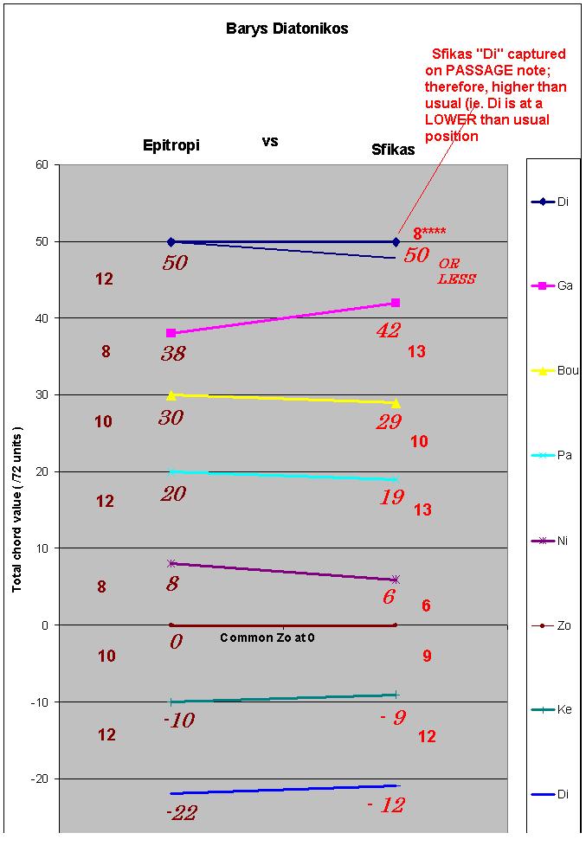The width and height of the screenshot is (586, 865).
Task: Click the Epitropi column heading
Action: pos(171,145)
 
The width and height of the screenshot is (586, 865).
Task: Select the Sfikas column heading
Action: pos(388,150)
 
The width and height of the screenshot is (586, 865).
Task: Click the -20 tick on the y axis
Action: pos(39,778)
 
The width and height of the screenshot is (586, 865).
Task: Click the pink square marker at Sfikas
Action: pos(396,303)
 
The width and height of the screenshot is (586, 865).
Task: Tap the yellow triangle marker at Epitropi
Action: pos(171,394)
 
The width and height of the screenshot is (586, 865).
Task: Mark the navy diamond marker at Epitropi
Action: pos(171,242)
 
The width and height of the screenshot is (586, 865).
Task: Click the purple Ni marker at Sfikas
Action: pos(396,580)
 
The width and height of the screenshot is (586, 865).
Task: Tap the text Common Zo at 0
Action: pos(267,638)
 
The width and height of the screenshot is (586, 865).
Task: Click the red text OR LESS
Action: pos(456,271)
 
